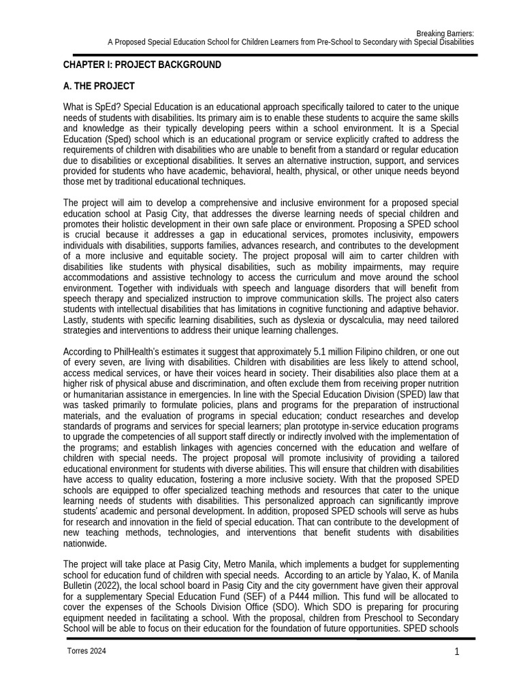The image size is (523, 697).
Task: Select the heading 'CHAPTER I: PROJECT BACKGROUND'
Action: tap(142, 65)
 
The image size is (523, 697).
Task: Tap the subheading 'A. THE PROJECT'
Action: tap(99, 86)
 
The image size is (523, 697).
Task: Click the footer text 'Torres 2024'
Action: tap(86, 651)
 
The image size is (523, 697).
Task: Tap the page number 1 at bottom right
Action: tap(457, 652)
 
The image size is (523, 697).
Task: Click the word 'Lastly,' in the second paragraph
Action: tap(76, 320)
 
